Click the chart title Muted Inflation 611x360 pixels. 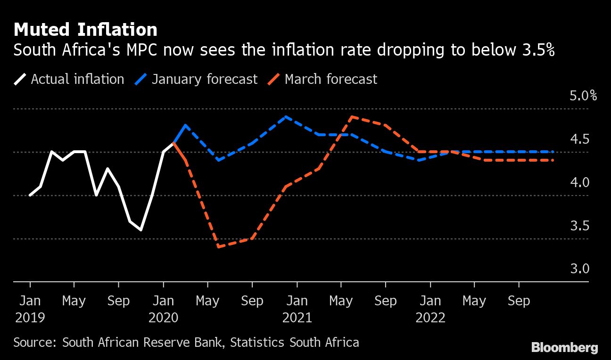tap(85, 30)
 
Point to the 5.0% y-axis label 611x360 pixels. tap(583, 96)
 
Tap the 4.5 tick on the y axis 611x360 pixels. tap(579, 139)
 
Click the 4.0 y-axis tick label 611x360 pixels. tap(579, 183)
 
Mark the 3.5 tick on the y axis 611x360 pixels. tap(579, 226)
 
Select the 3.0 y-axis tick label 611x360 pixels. tap(579, 269)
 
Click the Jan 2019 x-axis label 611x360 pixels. tap(30, 309)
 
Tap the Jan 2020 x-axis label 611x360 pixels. tap(164, 309)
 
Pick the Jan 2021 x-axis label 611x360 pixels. tap(297, 309)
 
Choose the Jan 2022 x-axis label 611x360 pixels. tap(430, 309)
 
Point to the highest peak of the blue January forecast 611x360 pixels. tap(285, 116)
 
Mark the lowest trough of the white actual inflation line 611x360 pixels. tap(140, 230)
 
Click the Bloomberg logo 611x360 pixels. tap(564, 348)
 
